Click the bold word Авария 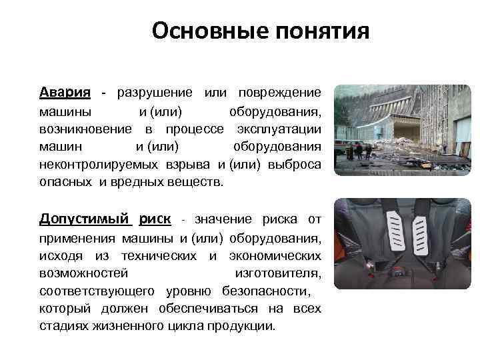[x=65, y=91]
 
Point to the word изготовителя [x=278, y=273]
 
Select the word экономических [x=273, y=255]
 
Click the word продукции [x=241, y=327]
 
